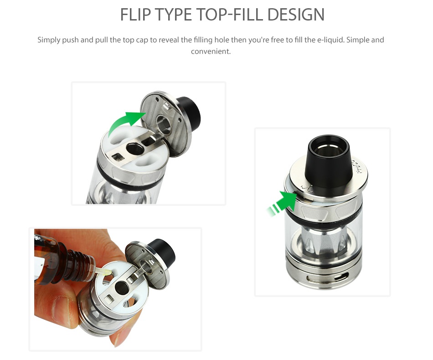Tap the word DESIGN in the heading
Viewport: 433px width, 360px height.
coord(296,15)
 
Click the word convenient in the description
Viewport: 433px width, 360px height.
coord(211,51)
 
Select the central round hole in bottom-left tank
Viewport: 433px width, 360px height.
coord(122,287)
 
